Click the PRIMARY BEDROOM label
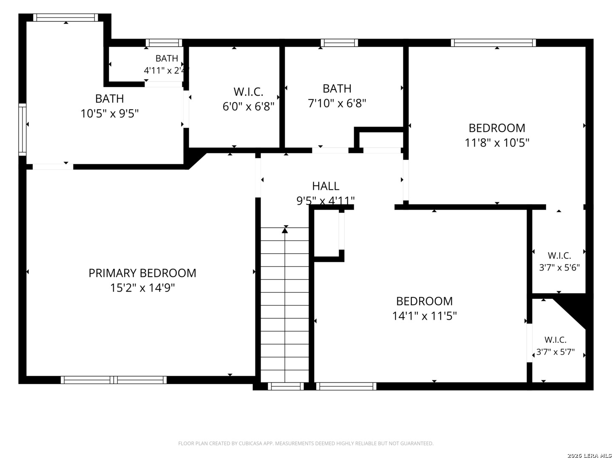coord(142,273)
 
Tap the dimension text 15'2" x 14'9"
coord(142,288)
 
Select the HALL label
coord(326,186)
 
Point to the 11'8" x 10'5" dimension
coord(496,143)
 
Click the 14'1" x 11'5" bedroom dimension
coord(424,316)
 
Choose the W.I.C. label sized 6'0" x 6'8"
coord(248,92)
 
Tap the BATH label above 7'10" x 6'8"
coord(337,89)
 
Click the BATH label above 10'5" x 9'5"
coord(109,99)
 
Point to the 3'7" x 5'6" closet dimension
coord(559,268)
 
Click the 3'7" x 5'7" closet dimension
coord(555,352)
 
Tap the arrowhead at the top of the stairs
coord(285,230)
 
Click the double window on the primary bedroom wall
coord(113,380)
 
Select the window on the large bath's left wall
coord(22,129)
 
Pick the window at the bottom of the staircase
coord(286,386)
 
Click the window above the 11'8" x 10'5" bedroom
coord(493,42)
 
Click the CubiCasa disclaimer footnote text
coord(306,443)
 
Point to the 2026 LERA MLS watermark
coord(589,455)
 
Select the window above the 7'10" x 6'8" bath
coord(339,42)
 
